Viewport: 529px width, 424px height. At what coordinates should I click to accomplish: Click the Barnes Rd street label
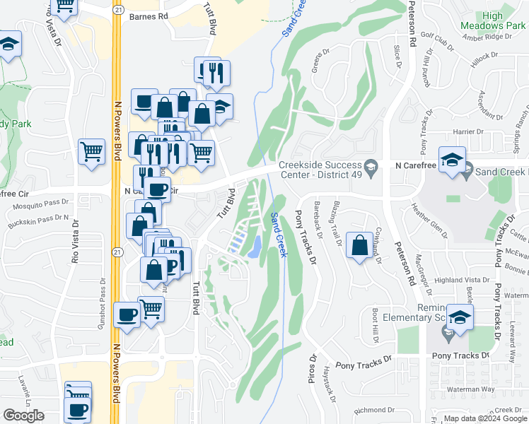[x=149, y=15]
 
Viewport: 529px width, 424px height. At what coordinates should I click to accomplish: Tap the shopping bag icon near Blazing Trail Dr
[x=360, y=245]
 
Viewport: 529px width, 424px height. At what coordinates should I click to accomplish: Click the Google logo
[x=24, y=416]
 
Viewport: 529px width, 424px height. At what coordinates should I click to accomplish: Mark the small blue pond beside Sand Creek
[x=255, y=245]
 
